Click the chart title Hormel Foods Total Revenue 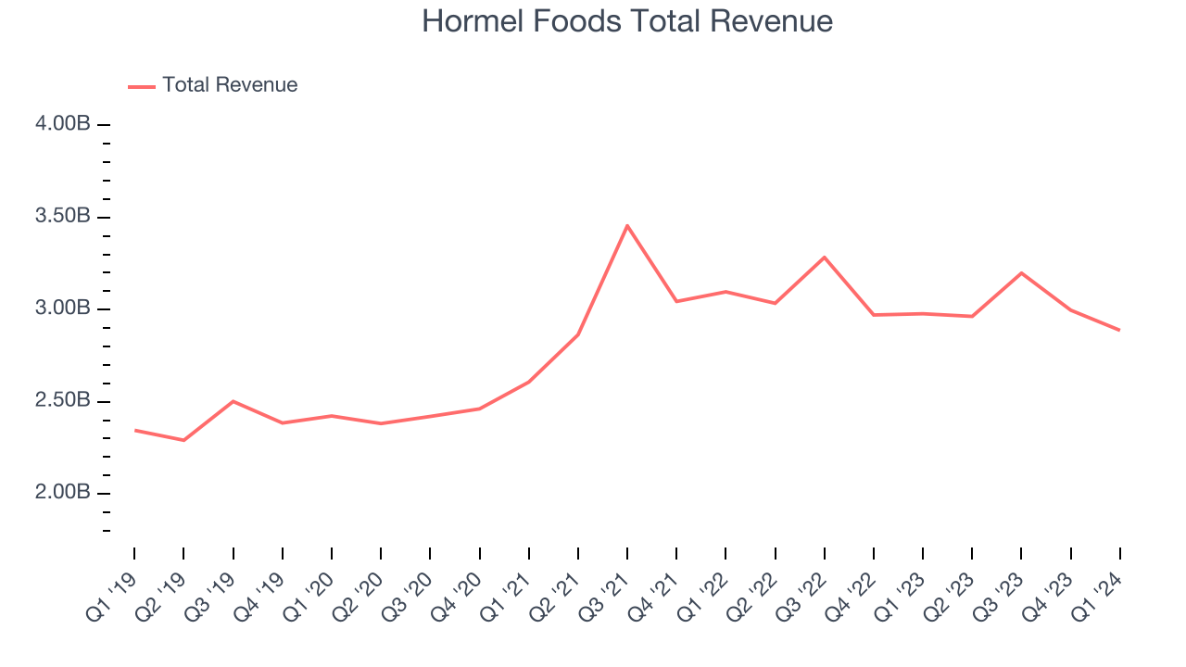click(x=627, y=21)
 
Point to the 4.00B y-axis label click(x=64, y=124)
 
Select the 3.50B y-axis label click(x=64, y=217)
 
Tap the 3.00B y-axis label click(x=64, y=308)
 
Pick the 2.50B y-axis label click(x=64, y=401)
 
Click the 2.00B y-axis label click(x=64, y=493)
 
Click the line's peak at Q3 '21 click(x=627, y=225)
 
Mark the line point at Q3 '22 click(x=824, y=257)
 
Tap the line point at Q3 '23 click(x=1021, y=272)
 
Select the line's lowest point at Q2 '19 click(x=183, y=440)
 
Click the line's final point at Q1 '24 click(x=1119, y=330)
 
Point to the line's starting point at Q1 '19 click(x=134, y=430)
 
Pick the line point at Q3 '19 click(x=233, y=401)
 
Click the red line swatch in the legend click(x=142, y=86)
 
